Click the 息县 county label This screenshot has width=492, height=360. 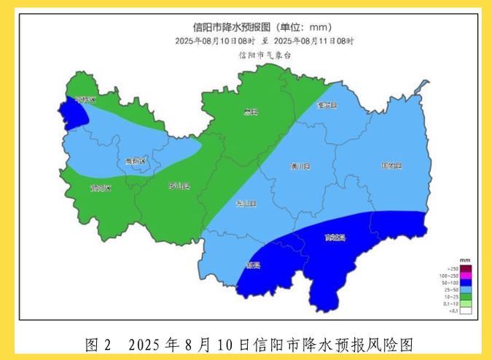pos(251,111)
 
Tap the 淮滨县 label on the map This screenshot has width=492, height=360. pos(327,105)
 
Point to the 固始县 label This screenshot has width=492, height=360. pos(391,166)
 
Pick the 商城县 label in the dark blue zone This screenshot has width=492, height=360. pos(335,238)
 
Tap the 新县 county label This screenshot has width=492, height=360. pos(254,265)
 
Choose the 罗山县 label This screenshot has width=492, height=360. pos(179,185)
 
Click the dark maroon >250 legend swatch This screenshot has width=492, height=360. pos(466,268)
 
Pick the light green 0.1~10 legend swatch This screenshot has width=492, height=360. pos(466,304)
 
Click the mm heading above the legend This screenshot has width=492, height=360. pos(464,260)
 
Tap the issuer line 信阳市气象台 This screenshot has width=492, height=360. pos(265,54)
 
